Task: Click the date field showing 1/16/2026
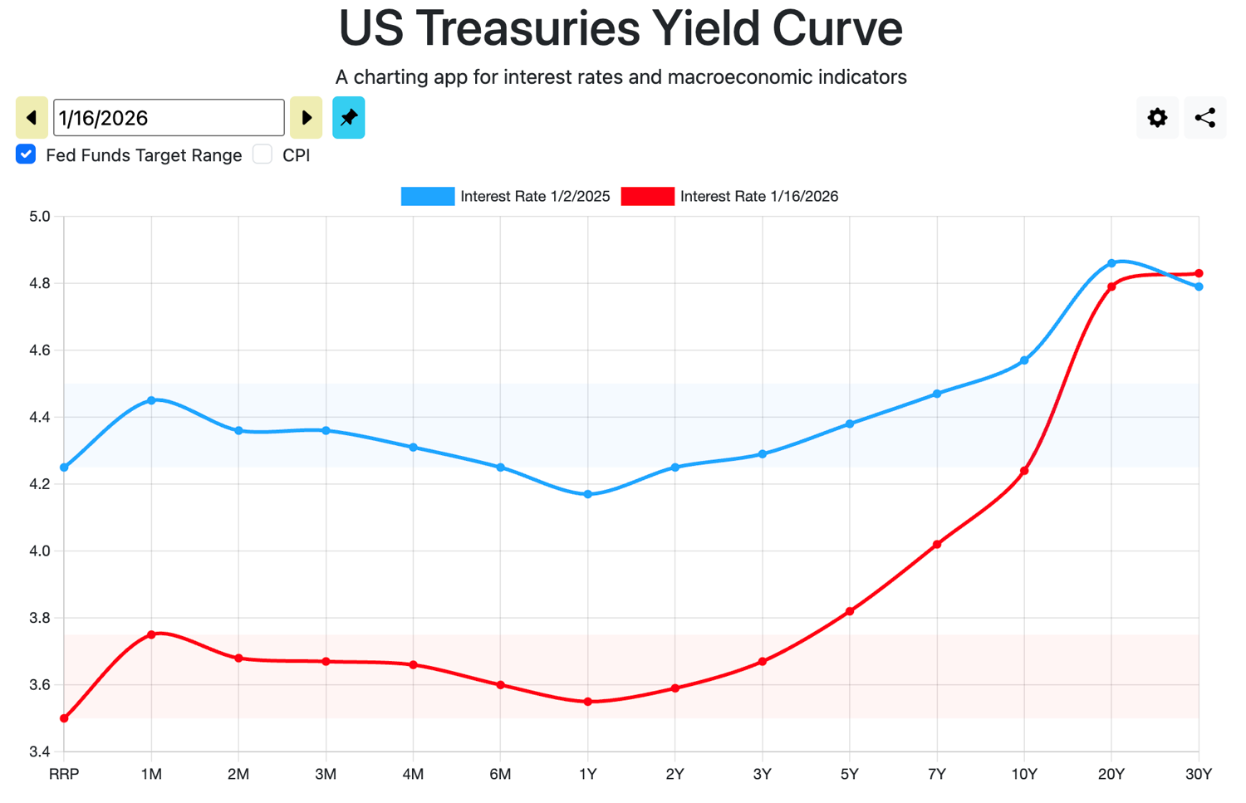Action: click(169, 118)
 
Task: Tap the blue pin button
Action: click(348, 118)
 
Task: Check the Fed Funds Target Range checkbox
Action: click(26, 154)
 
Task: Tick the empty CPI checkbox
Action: click(262, 154)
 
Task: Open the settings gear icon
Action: click(1157, 118)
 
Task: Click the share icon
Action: click(1204, 118)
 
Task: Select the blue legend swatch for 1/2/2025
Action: click(428, 196)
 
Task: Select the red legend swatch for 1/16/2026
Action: click(647, 196)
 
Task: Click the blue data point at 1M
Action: click(151, 400)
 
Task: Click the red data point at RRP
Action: click(64, 718)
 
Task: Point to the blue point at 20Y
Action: click(1111, 263)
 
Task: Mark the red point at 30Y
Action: click(1199, 273)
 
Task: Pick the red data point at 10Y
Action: click(1024, 471)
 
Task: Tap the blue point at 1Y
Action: click(588, 494)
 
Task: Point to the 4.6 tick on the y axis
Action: click(40, 350)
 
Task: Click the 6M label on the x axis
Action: click(500, 774)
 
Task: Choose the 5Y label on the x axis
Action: click(849, 774)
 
